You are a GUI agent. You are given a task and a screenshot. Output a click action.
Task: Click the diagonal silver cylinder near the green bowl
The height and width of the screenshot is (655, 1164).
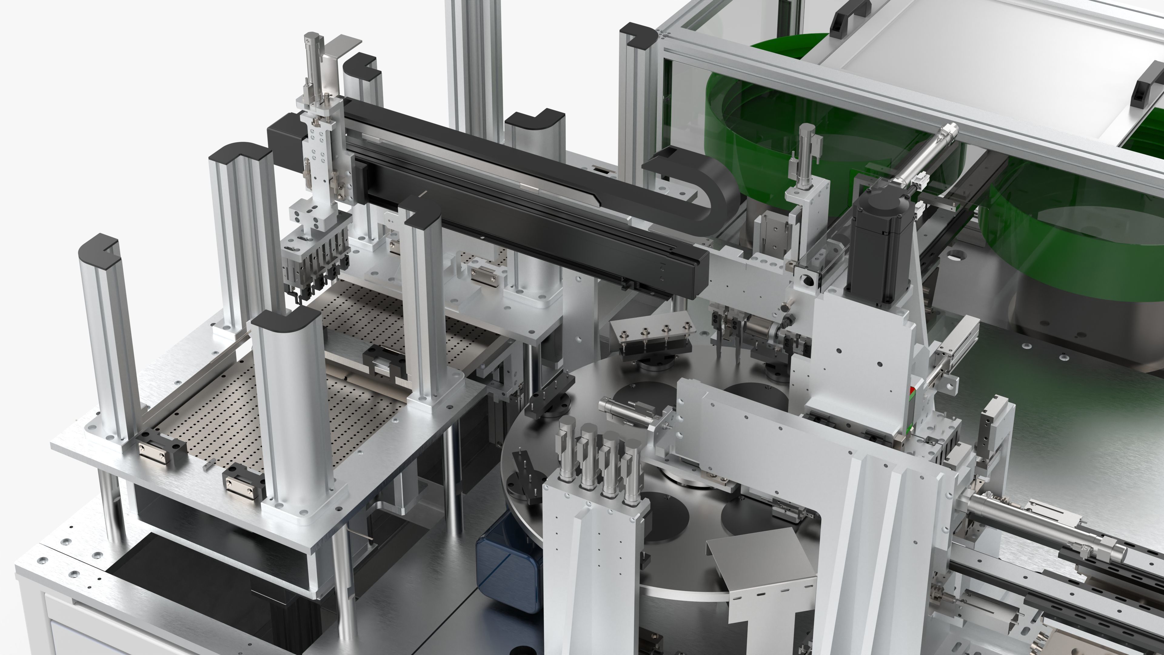(917, 158)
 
